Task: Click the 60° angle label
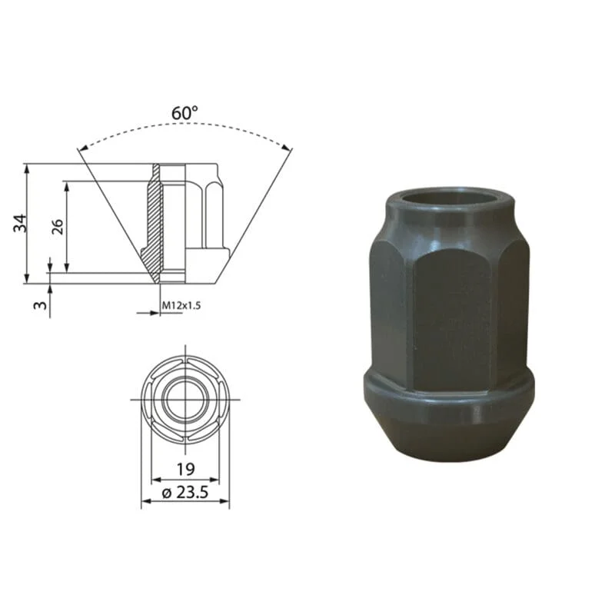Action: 184,113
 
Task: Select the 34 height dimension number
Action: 20,223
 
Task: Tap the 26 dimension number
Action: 58,227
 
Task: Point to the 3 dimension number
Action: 40,304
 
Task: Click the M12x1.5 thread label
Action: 181,305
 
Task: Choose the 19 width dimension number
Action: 185,469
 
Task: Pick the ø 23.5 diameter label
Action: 184,493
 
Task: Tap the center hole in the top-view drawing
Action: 185,400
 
